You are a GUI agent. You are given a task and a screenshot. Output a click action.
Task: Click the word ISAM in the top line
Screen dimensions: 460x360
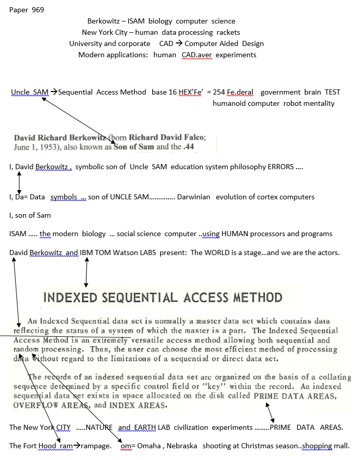134,21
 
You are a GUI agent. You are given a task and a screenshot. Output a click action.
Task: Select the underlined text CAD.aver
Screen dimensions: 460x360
197,55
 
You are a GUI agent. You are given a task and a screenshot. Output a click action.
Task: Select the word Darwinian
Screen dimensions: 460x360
194,197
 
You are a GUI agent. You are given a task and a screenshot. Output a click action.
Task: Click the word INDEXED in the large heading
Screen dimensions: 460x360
75,297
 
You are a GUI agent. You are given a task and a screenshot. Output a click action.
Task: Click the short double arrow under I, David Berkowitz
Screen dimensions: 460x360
19,181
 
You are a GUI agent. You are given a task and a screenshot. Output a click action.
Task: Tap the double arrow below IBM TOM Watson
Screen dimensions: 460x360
87,271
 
